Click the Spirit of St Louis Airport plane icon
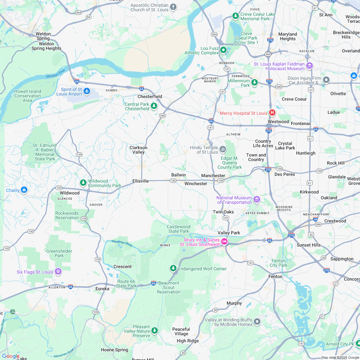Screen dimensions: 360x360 pyautogui.click(x=87, y=92)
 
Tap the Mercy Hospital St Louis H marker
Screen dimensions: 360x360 pyautogui.click(x=272, y=113)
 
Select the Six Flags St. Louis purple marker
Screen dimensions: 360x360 pyautogui.click(x=58, y=272)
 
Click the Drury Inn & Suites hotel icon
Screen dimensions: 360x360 pyautogui.click(x=224, y=242)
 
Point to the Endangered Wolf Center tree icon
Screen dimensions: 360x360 pyautogui.click(x=173, y=268)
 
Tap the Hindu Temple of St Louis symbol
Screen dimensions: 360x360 pyautogui.click(x=223, y=149)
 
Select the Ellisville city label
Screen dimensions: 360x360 pyautogui.click(x=140, y=181)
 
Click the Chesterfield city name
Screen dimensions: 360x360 pyautogui.click(x=150, y=96)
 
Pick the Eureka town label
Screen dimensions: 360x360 pyautogui.click(x=102, y=289)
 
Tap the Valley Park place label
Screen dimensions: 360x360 pyautogui.click(x=229, y=233)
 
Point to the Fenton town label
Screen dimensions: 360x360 pyautogui.click(x=275, y=276)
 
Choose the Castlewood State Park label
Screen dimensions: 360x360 pyautogui.click(x=179, y=229)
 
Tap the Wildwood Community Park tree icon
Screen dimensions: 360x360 pyautogui.click(x=83, y=183)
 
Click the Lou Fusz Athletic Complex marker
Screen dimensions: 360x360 pyautogui.click(x=223, y=50)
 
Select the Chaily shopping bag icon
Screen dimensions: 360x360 pyautogui.click(x=24, y=190)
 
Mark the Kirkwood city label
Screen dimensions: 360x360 pyautogui.click(x=309, y=192)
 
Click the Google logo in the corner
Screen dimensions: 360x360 pyautogui.click(x=11, y=356)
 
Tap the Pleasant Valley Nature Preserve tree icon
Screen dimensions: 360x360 pyautogui.click(x=155, y=331)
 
